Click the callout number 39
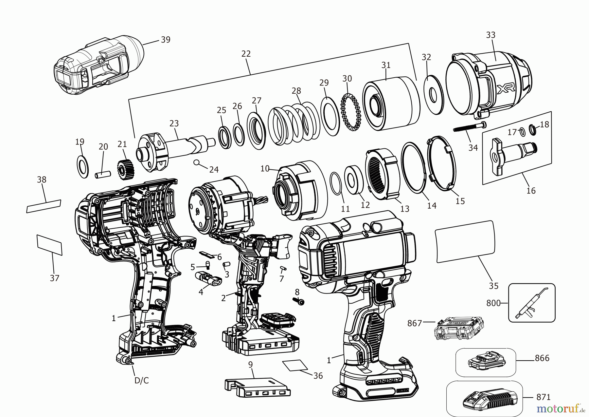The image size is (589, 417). point(166,40)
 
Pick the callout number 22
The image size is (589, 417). point(246,54)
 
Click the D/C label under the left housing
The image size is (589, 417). point(141,380)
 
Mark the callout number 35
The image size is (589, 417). point(493,286)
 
